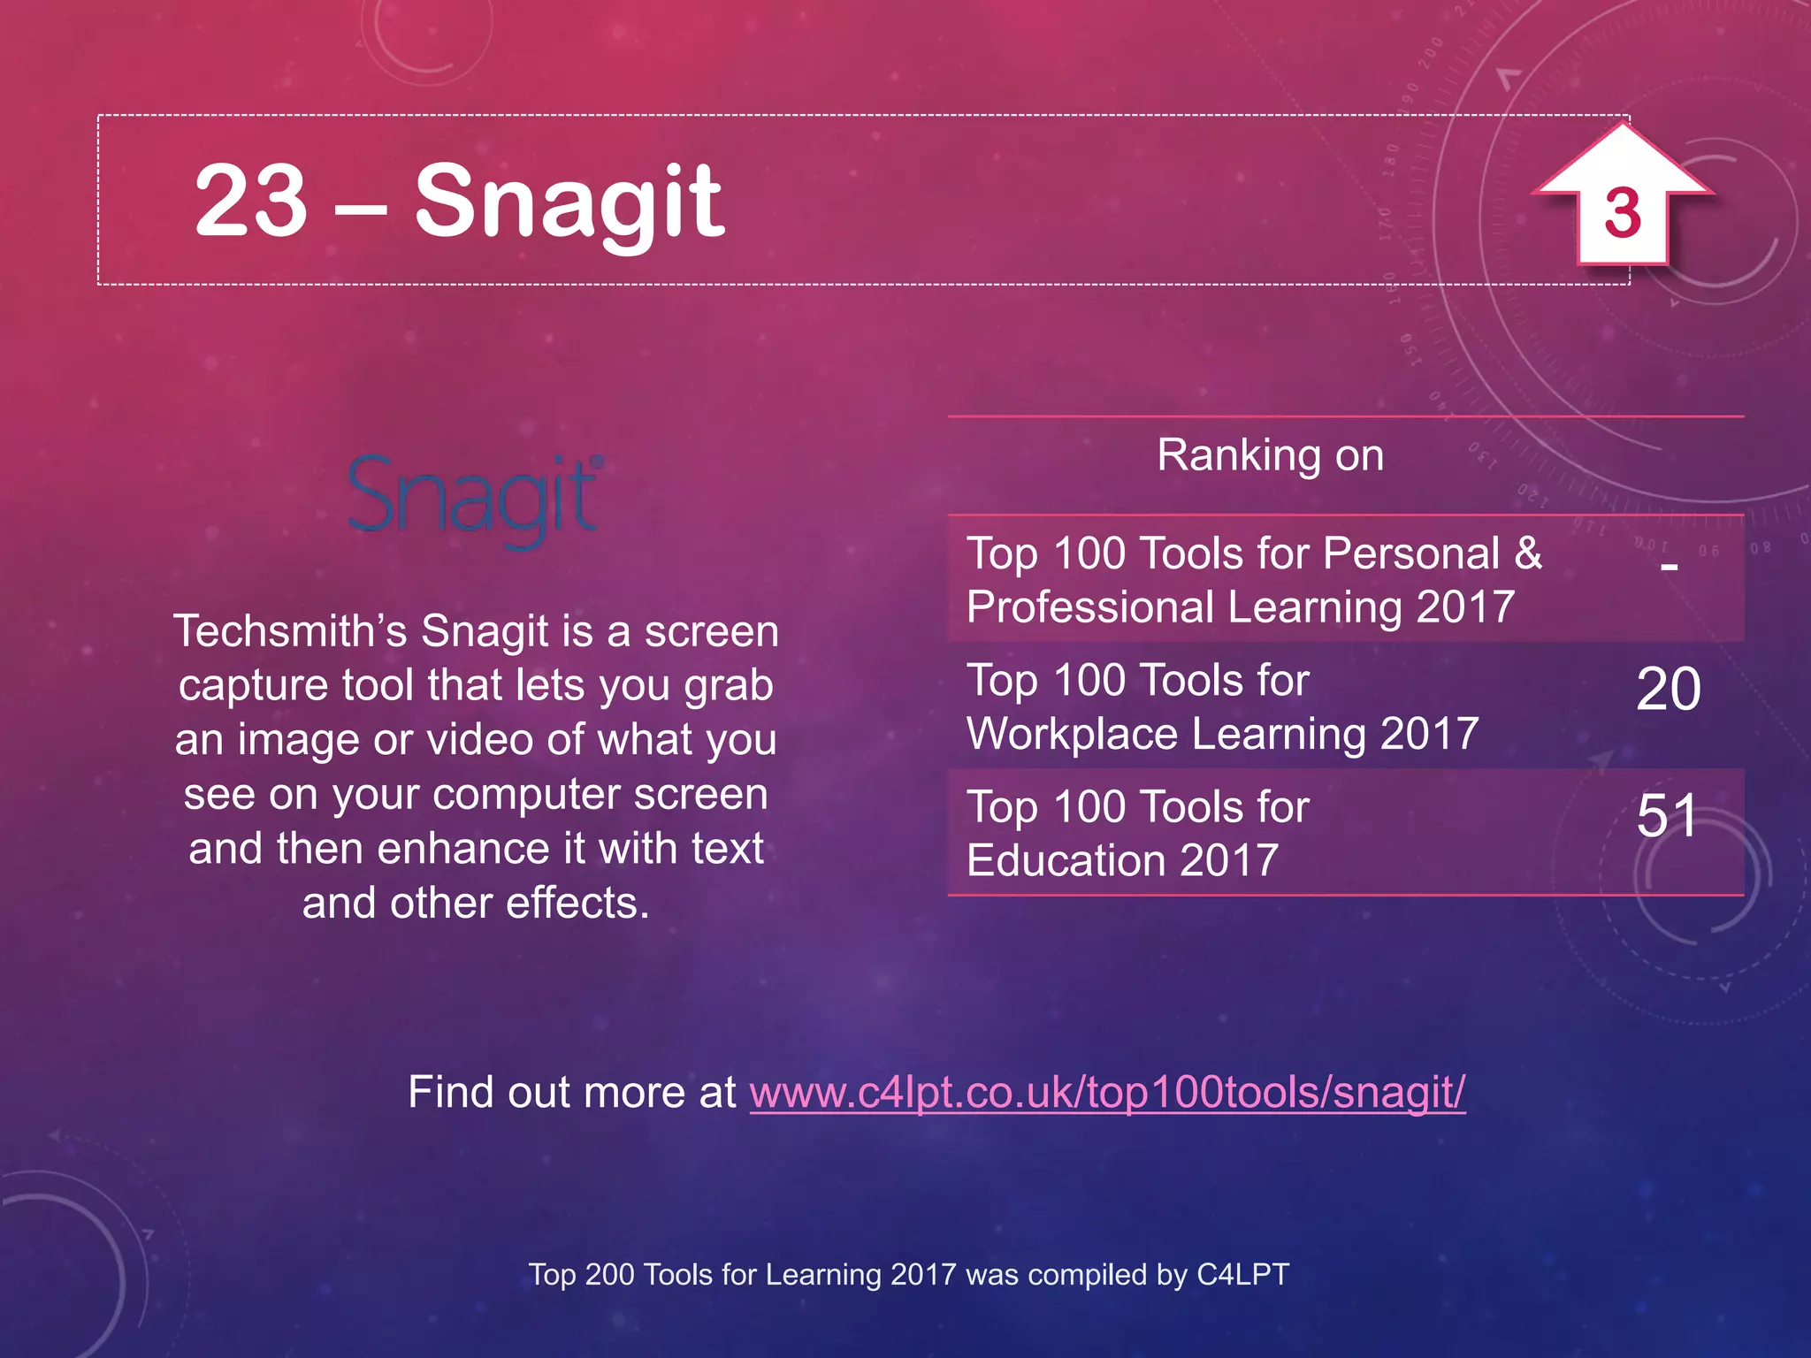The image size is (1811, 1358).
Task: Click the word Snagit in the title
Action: click(569, 203)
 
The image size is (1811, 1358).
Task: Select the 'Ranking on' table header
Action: click(1270, 456)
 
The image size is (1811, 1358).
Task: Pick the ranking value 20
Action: click(1668, 690)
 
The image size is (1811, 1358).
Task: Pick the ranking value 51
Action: click(1666, 815)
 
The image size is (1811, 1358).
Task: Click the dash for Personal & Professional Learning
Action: click(1669, 566)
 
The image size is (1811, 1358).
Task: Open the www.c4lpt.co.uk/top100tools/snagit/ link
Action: click(1107, 1092)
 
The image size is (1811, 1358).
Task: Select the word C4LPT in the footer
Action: click(1242, 1275)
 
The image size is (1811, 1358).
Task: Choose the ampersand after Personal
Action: click(1527, 554)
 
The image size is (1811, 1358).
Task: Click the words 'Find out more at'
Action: click(571, 1092)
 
